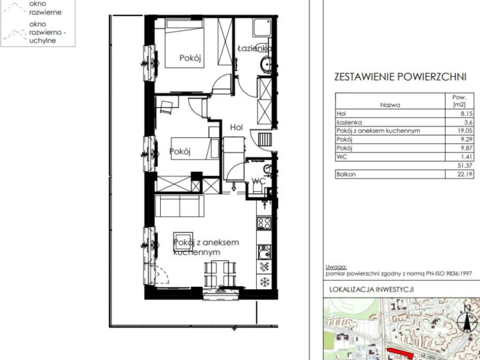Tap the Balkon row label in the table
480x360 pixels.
(347, 174)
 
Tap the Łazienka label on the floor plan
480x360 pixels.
(255, 47)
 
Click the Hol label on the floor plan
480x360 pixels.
(236, 127)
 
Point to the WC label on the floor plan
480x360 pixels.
(259, 181)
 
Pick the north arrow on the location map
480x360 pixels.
(466, 319)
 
